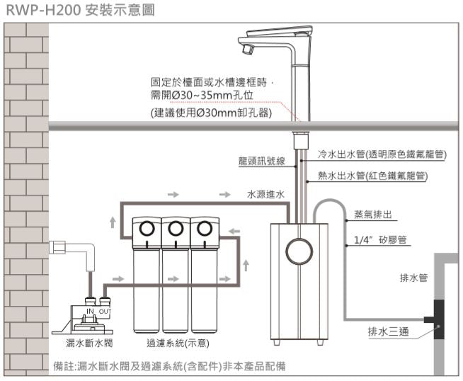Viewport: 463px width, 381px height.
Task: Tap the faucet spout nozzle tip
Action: (248, 50)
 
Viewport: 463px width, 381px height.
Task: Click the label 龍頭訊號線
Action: (261, 162)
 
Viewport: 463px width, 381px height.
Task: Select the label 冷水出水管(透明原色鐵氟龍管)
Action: (381, 154)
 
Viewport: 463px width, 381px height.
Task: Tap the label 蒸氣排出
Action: (372, 215)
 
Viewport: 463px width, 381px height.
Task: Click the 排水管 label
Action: (413, 278)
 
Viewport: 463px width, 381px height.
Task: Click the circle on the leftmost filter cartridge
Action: (149, 229)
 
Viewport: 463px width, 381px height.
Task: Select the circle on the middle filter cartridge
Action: (176, 229)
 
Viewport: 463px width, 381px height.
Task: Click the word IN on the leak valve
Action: (90, 312)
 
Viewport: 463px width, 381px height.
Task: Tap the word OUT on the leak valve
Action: (104, 312)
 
